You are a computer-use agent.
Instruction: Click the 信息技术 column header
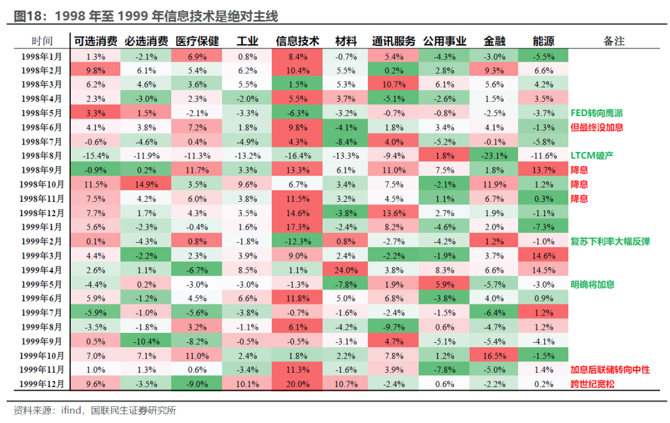coord(297,41)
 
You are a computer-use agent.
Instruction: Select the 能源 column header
coord(543,41)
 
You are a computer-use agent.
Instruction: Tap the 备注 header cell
coord(614,41)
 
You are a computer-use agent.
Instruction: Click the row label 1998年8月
coord(42,155)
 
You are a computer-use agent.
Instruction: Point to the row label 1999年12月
coord(42,384)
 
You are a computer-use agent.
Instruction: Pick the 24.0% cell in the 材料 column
coord(346,270)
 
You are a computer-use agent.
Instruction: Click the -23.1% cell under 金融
coord(494,155)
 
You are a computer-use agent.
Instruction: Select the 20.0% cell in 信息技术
coord(297,384)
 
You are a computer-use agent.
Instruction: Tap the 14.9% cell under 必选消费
coord(146,184)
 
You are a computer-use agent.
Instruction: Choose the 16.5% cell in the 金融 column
coord(494,355)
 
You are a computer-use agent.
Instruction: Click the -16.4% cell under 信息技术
coord(297,155)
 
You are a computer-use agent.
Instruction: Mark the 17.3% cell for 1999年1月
coord(297,227)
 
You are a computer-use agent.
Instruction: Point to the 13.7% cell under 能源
coord(543,170)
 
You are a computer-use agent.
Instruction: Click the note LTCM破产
coord(592,155)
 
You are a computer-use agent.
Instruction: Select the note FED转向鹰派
coord(597,112)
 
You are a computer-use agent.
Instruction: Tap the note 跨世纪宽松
coord(592,384)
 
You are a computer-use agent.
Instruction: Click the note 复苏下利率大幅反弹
coord(610,241)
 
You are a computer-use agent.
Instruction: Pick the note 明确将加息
coord(592,284)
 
